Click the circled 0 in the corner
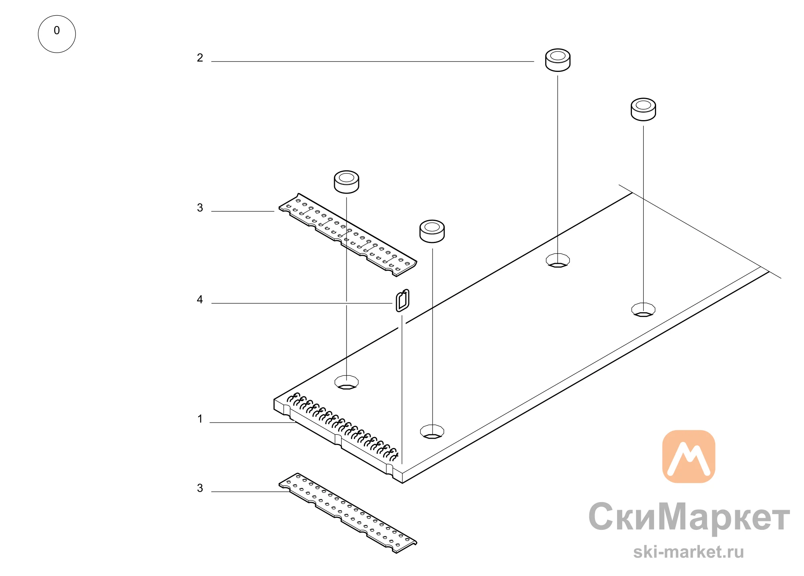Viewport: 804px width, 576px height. (x=57, y=34)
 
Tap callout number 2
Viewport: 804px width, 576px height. (x=200, y=58)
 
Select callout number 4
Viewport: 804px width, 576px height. (x=200, y=300)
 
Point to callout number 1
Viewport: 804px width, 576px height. (x=200, y=419)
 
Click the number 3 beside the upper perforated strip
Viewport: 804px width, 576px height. (x=200, y=208)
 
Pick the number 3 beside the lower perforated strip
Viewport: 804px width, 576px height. (x=200, y=488)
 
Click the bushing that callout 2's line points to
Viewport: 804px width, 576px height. (x=558, y=60)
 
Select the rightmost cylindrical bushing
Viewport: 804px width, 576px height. (x=643, y=109)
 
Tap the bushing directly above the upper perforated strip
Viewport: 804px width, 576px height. (x=347, y=182)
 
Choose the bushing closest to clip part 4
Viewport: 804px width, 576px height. (x=432, y=231)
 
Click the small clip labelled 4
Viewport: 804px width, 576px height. (x=402, y=300)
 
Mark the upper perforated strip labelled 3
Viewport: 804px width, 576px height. (x=348, y=235)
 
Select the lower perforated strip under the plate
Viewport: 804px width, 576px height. (x=348, y=513)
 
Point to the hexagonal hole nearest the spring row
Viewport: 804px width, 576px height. (x=347, y=382)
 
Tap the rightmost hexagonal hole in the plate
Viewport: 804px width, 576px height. (x=643, y=309)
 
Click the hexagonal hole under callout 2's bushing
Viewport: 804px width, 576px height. (x=558, y=260)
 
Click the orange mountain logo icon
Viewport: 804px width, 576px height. (x=689, y=456)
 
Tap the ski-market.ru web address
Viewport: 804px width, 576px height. (x=689, y=552)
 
